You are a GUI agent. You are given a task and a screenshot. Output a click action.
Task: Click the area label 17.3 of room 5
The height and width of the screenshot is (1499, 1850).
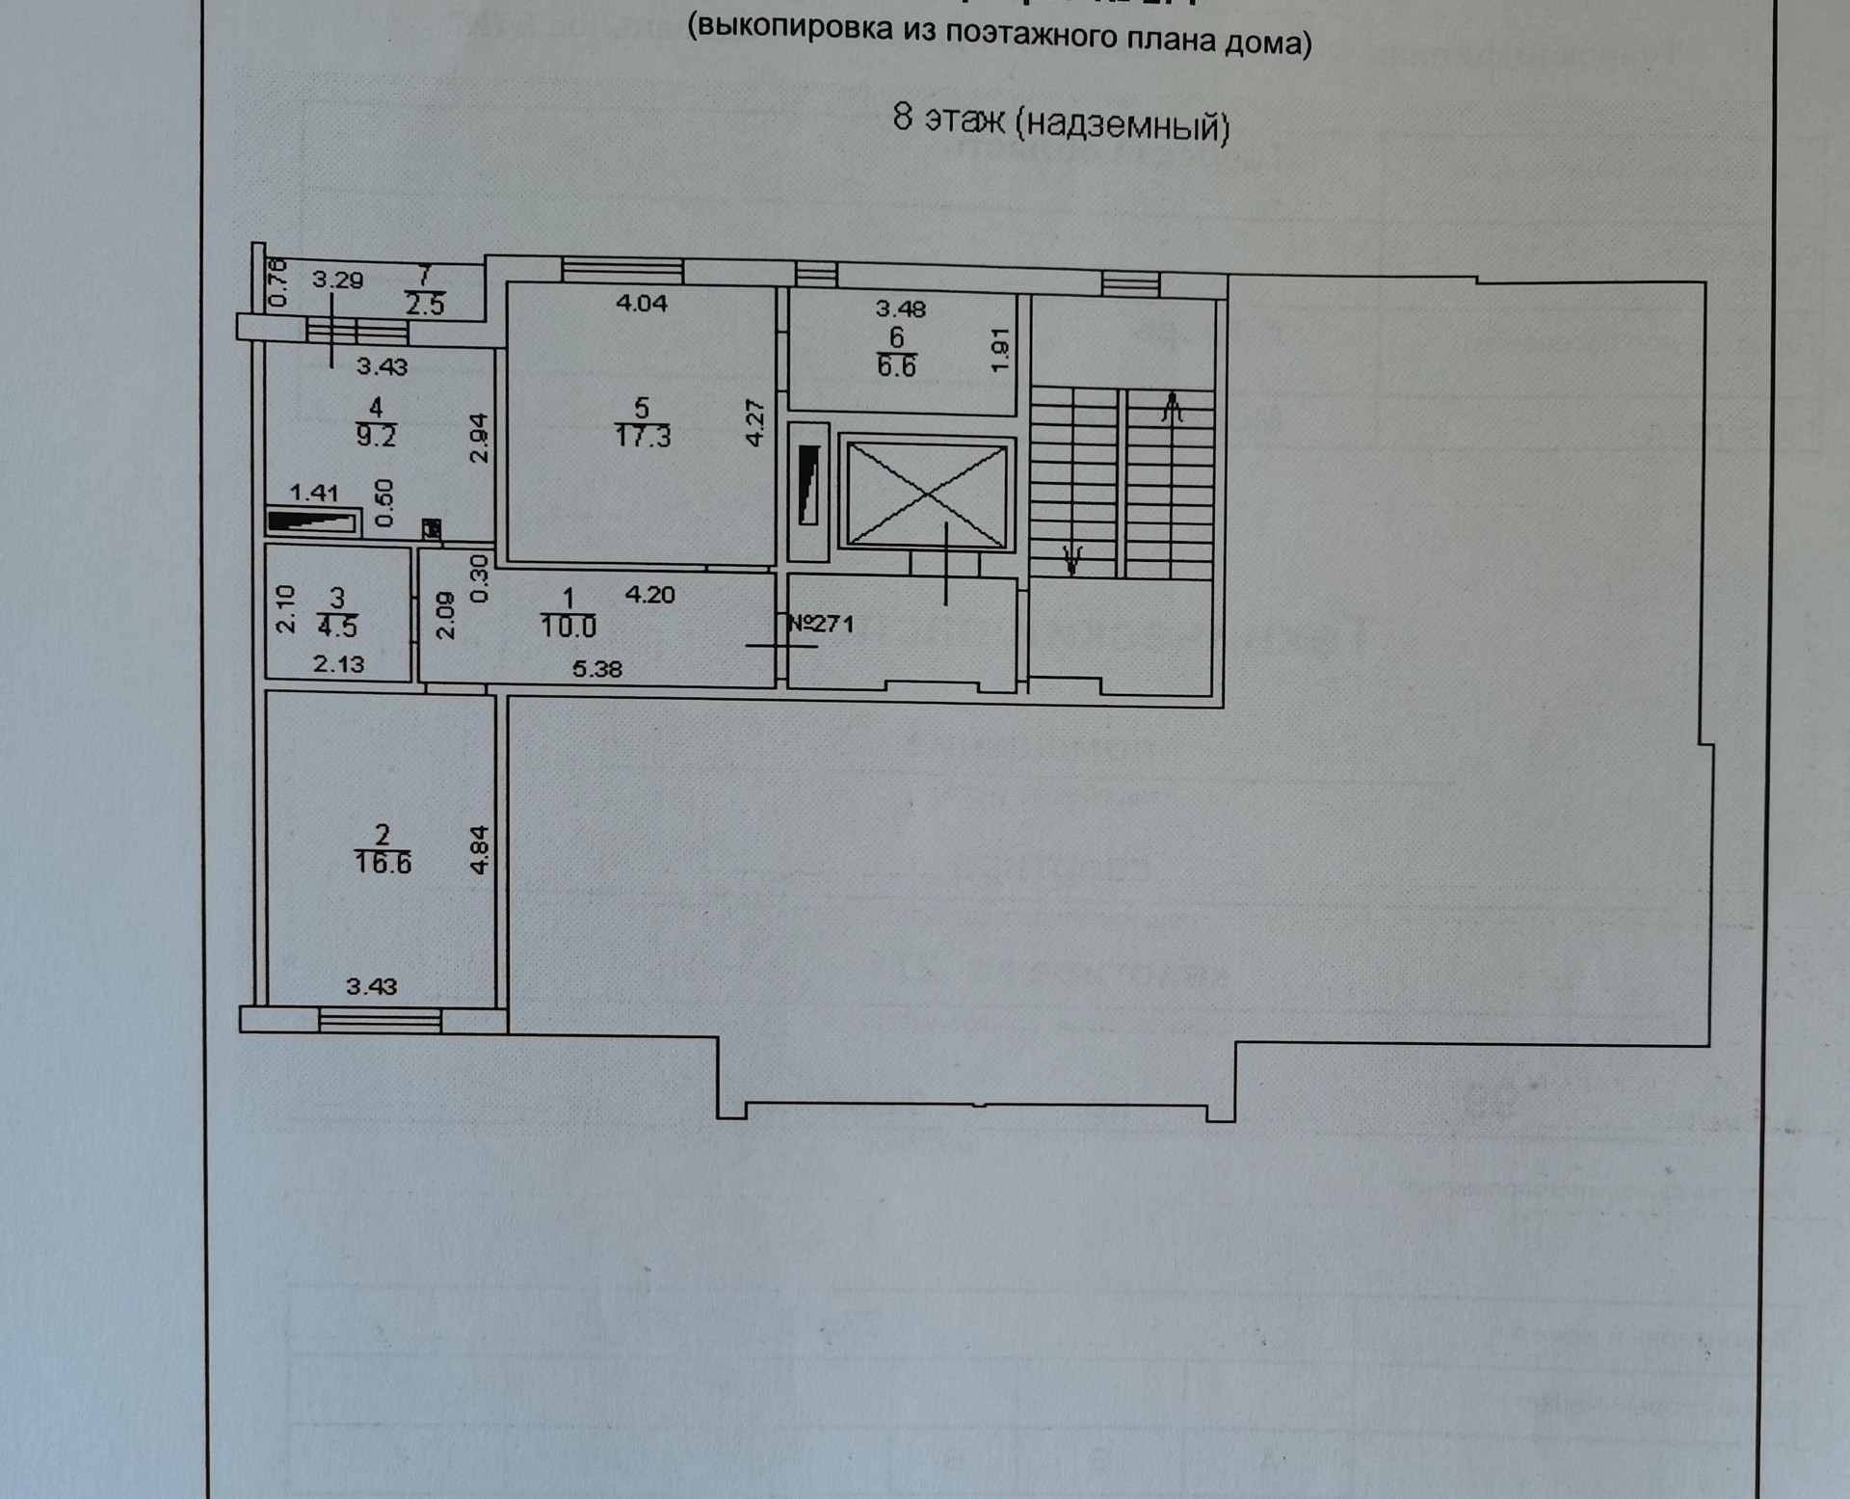click(x=643, y=437)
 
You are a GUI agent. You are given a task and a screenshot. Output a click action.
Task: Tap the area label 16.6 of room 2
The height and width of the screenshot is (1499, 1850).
click(x=383, y=863)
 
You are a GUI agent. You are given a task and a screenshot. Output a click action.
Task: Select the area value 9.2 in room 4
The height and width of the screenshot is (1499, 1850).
click(x=376, y=436)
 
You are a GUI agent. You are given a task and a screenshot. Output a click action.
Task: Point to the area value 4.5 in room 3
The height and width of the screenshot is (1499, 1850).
click(x=337, y=628)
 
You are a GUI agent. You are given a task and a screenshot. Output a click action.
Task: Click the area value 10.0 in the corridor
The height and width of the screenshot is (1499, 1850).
click(x=568, y=628)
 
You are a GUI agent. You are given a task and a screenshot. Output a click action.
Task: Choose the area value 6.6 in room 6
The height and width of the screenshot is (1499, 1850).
click(x=896, y=366)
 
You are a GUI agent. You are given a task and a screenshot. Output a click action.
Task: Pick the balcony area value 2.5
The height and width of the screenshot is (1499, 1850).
click(x=425, y=306)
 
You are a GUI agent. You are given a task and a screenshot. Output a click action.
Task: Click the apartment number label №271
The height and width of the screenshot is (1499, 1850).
click(x=821, y=624)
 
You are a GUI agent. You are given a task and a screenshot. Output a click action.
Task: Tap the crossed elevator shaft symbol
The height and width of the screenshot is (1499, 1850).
click(x=926, y=494)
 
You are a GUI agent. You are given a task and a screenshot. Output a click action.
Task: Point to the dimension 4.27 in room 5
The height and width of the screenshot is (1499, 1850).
click(x=755, y=422)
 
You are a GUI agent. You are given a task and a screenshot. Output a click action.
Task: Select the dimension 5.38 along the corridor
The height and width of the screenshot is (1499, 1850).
click(x=596, y=669)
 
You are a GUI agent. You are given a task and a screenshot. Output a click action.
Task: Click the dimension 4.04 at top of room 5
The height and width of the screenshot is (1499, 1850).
click(x=642, y=303)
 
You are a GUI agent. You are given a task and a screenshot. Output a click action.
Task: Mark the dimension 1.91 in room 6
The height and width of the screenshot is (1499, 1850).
click(x=999, y=350)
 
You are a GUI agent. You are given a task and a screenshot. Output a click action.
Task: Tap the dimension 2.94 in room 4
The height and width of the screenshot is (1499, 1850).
click(x=479, y=439)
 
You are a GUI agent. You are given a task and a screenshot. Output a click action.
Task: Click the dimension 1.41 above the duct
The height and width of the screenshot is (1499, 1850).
click(x=314, y=493)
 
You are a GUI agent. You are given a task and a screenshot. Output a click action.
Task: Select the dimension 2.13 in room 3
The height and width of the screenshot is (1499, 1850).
click(x=339, y=663)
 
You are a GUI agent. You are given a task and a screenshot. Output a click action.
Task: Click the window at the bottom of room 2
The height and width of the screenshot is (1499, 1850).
click(x=380, y=1018)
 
